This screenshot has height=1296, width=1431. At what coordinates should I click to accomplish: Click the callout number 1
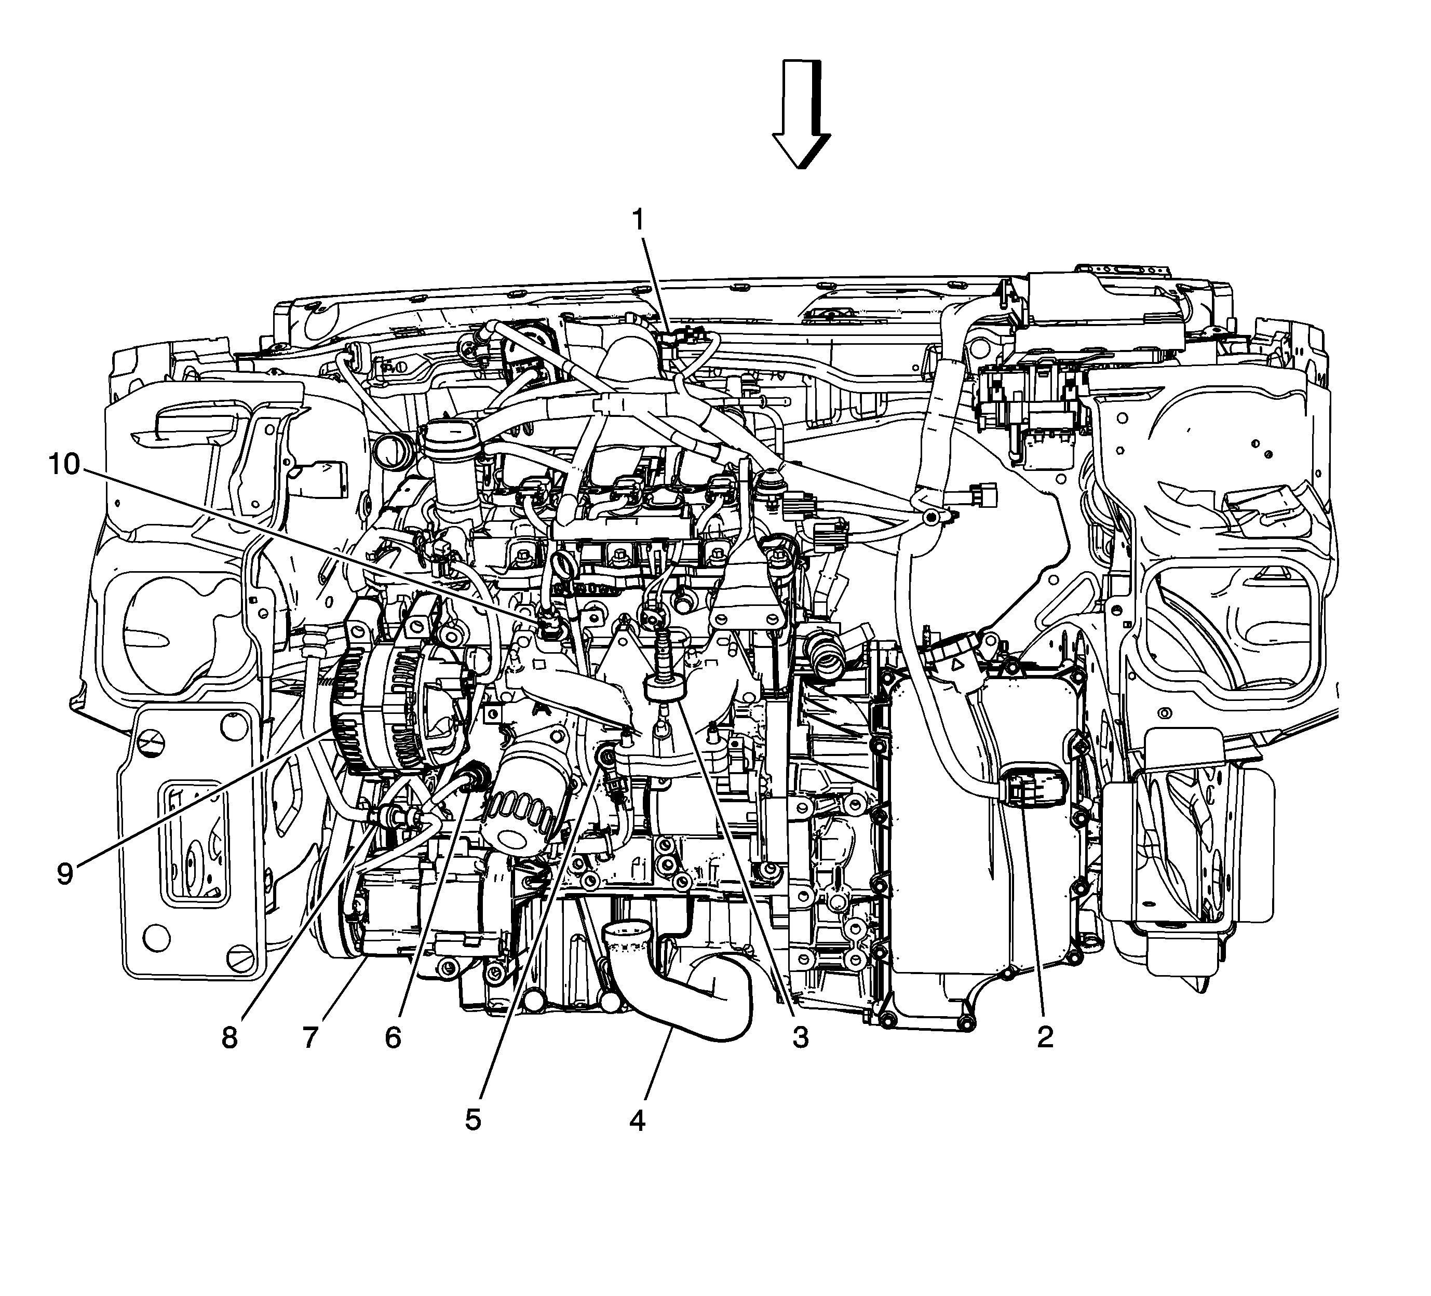(x=640, y=221)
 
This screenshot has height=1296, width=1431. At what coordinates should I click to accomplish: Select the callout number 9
(x=64, y=874)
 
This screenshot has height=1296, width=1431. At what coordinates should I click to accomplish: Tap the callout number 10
(x=64, y=465)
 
